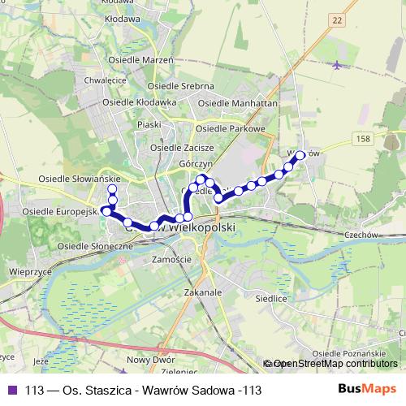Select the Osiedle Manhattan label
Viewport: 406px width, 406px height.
[x=238, y=104]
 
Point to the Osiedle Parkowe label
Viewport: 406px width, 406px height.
[x=231, y=128]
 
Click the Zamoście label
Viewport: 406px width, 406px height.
[x=171, y=258]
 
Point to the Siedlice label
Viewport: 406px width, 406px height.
[x=273, y=298]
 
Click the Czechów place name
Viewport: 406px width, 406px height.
[x=362, y=234]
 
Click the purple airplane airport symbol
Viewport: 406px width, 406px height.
[x=336, y=64]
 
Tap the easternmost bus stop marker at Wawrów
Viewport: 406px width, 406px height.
[x=300, y=154]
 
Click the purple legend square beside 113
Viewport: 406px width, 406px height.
[x=12, y=390]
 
